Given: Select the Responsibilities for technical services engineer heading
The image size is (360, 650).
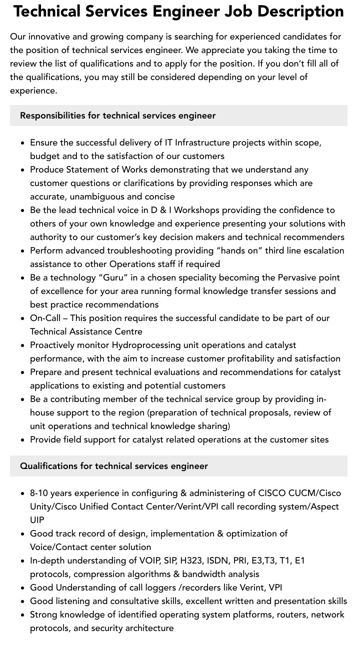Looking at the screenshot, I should tap(117, 115).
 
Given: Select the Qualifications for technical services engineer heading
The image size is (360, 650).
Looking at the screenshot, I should tap(114, 466).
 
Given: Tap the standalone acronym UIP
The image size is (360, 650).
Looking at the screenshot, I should tap(37, 520).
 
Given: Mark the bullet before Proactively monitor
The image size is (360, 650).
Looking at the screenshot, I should tap(23, 345).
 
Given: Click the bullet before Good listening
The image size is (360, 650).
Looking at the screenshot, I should tap(23, 601).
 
